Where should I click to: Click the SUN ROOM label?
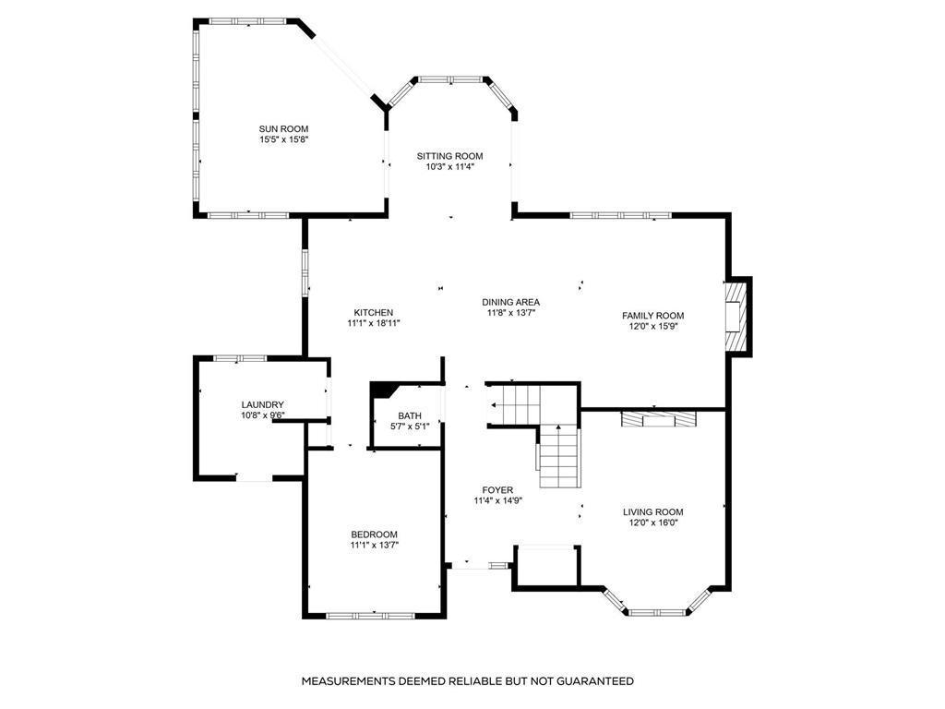coord(283,128)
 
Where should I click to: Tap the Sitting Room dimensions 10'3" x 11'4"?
coord(449,167)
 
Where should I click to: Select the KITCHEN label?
coord(374,312)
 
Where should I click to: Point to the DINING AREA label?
coord(510,302)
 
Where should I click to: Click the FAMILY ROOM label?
coord(652,315)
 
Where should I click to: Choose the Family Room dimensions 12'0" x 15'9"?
coord(652,326)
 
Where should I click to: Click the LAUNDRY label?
coord(262,404)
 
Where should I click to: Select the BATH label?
coord(410,415)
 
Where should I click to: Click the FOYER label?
coord(497,489)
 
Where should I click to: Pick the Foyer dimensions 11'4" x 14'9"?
coord(497,500)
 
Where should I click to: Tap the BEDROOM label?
coord(374,535)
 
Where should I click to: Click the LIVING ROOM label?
coord(652,511)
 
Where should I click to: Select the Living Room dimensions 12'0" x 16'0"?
coord(652,523)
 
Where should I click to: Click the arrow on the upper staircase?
coord(496,404)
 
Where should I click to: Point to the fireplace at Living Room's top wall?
coord(658,419)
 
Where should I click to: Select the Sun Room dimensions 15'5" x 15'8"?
coord(283,139)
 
